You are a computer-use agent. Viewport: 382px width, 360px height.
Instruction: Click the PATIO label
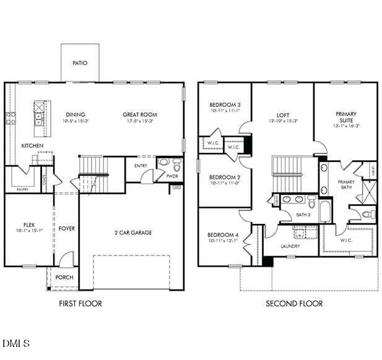pyautogui.click(x=80, y=63)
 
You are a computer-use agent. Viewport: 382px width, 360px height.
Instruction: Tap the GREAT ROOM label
pyautogui.click(x=140, y=114)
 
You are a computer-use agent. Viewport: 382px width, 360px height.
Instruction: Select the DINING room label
pyautogui.click(x=76, y=114)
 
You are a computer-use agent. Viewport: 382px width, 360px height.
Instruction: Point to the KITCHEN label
pyautogui.click(x=32, y=145)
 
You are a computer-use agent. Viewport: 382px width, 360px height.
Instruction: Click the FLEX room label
pyautogui.click(x=29, y=225)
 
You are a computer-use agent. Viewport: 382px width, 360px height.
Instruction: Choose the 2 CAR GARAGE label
pyautogui.click(x=132, y=233)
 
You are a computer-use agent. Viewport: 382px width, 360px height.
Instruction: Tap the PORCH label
pyautogui.click(x=64, y=278)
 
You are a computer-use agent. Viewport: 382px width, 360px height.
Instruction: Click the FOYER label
pyautogui.click(x=67, y=229)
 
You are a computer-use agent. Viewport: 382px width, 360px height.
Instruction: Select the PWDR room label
pyautogui.click(x=172, y=176)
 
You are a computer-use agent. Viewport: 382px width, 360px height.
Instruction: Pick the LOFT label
pyautogui.click(x=283, y=115)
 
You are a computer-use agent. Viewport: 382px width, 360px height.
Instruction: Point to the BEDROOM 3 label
pyautogui.click(x=225, y=105)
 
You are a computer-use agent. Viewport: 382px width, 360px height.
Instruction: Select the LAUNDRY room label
pyautogui.click(x=290, y=246)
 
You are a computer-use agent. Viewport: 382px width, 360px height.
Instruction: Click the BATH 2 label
pyautogui.click(x=303, y=215)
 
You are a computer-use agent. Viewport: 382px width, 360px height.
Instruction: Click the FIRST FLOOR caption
pyautogui.click(x=80, y=304)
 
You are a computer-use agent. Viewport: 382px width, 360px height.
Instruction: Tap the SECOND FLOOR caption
pyautogui.click(x=294, y=304)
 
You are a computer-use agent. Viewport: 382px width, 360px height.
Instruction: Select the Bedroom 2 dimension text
pyautogui.click(x=225, y=184)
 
